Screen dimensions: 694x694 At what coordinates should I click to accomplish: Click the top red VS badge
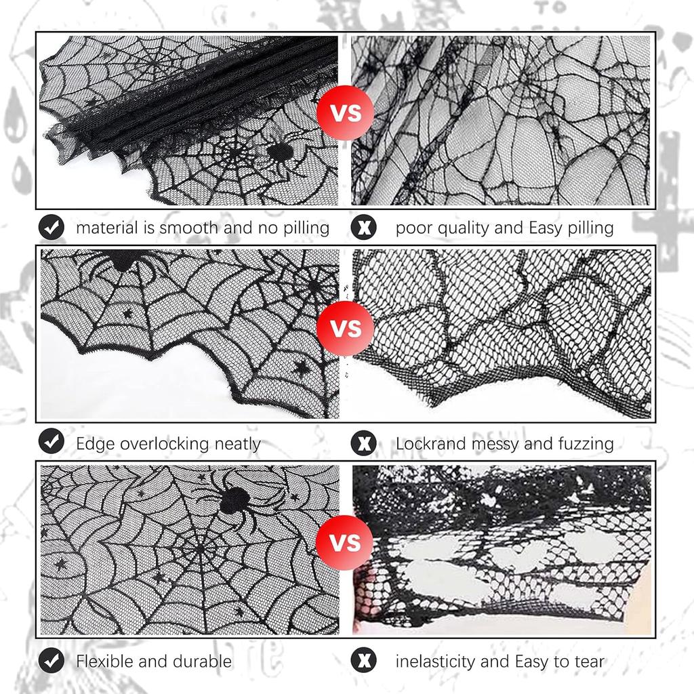point(345,113)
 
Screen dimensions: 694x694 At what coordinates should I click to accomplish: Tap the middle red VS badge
point(345,329)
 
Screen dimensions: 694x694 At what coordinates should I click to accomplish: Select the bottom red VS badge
point(345,543)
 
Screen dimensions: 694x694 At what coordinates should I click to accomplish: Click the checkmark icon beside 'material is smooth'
point(52,228)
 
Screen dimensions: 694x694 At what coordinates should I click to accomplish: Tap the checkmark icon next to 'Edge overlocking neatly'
point(52,441)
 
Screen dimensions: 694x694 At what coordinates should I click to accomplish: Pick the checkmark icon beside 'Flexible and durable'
point(52,661)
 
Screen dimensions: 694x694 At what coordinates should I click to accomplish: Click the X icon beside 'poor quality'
point(364,228)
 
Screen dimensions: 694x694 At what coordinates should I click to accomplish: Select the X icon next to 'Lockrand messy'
point(364,443)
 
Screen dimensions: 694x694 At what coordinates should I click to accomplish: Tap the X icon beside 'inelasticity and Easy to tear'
point(364,661)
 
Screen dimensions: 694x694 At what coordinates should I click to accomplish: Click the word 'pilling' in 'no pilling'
point(306,228)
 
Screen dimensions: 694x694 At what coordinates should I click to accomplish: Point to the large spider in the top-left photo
point(280,152)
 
